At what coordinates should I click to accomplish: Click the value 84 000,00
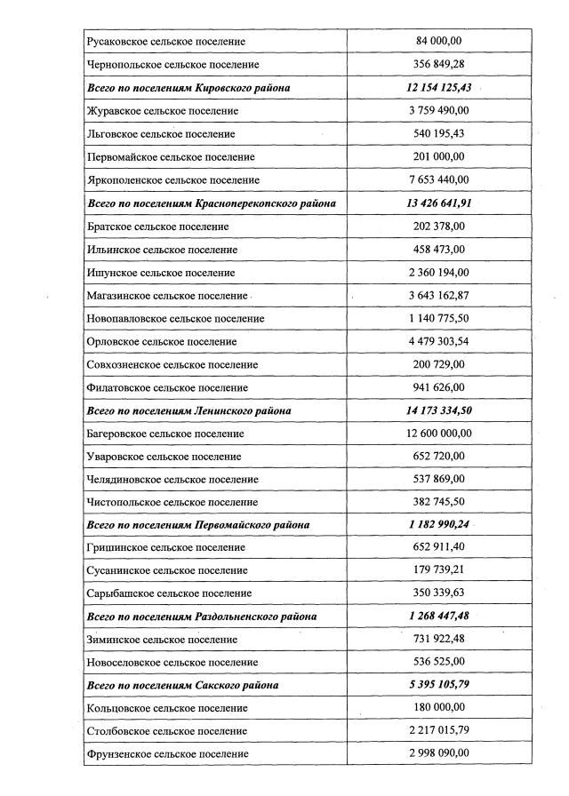click(439, 42)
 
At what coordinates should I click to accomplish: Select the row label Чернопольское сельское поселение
click(173, 65)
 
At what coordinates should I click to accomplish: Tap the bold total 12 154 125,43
click(439, 88)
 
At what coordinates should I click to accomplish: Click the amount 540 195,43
click(439, 134)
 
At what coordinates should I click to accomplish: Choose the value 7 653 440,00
click(439, 180)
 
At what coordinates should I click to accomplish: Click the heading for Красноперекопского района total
click(212, 203)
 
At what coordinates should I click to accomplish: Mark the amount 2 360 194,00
click(439, 273)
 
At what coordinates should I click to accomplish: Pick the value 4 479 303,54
click(439, 341)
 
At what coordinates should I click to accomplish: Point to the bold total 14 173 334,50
click(439, 410)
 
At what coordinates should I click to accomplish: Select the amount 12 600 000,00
click(439, 434)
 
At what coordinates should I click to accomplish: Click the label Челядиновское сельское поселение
click(173, 480)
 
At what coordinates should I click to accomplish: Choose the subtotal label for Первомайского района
click(198, 525)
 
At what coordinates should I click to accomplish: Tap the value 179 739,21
click(439, 570)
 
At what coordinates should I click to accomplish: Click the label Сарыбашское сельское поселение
click(169, 593)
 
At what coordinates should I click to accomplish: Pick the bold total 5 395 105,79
click(439, 685)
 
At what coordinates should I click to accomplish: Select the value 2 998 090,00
click(439, 754)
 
